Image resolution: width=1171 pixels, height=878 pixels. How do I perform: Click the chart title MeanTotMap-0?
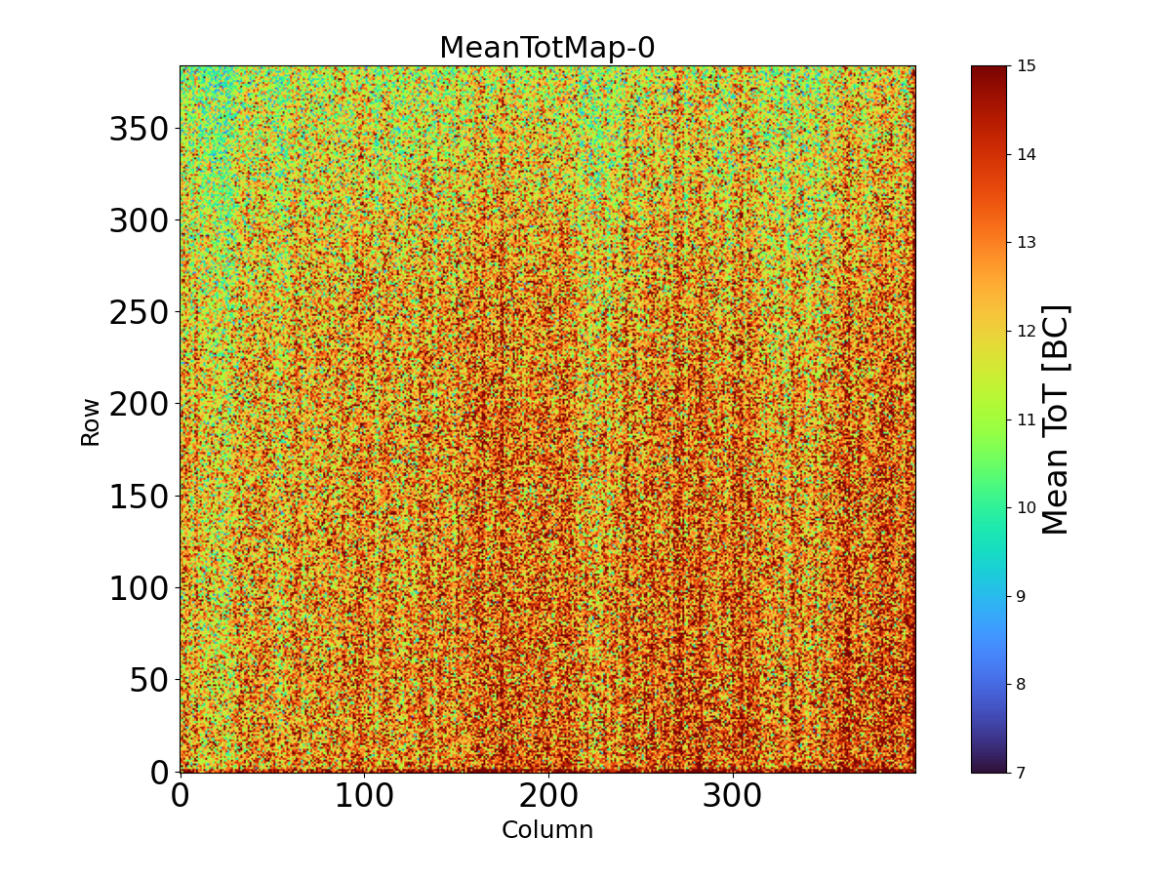tap(546, 48)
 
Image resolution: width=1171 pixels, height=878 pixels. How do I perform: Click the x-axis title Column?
tap(546, 830)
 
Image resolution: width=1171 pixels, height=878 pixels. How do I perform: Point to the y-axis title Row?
tap(91, 421)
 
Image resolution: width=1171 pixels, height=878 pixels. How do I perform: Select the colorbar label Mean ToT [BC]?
tap(1056, 419)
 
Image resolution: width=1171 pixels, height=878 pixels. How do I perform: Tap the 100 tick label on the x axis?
tap(364, 796)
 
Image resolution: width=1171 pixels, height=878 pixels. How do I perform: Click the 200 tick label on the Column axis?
tap(548, 796)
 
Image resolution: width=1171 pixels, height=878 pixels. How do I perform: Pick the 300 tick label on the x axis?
tap(733, 796)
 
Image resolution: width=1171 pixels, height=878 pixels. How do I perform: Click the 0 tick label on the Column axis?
tap(180, 796)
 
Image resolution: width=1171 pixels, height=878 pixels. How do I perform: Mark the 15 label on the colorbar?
tap(1028, 66)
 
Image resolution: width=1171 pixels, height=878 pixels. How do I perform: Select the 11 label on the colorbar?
tap(1028, 419)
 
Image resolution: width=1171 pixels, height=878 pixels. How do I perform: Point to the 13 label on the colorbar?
tap(1028, 243)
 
